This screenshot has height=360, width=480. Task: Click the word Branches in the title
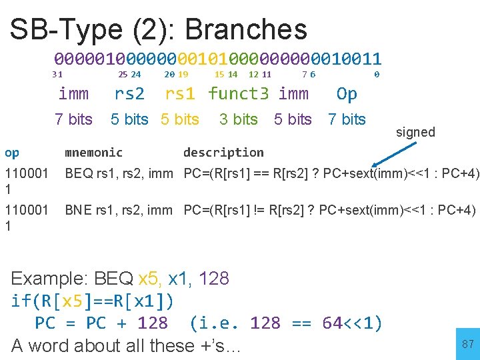(246, 29)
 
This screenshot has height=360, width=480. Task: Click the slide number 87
(467, 344)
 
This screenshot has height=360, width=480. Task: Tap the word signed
(415, 132)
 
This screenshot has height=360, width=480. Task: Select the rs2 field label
(129, 94)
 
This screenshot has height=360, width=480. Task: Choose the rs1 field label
(180, 94)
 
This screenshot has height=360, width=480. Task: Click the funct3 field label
(239, 94)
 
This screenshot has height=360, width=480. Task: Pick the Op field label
(347, 94)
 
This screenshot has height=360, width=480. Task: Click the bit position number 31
(57, 75)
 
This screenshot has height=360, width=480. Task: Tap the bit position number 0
(377, 75)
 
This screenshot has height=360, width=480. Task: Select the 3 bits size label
(238, 119)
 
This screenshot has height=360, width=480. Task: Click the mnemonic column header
(93, 153)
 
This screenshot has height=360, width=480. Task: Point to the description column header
(223, 153)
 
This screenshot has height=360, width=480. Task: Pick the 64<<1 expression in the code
(351, 323)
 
